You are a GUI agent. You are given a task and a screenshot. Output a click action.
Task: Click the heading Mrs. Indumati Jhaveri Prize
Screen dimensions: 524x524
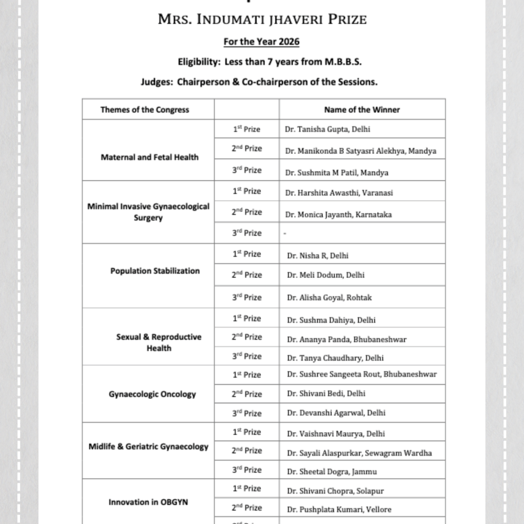[262, 20]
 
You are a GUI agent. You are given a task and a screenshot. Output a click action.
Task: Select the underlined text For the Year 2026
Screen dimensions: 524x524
[261, 42]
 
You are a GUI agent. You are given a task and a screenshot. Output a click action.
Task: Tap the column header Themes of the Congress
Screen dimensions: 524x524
[145, 110]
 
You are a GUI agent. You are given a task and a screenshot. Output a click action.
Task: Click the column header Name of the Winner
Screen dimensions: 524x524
[362, 110]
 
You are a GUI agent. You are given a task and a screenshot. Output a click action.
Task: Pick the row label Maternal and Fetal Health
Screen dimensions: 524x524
[149, 157]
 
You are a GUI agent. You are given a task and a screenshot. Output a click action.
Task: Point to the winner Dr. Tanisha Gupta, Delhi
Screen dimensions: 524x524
[327, 129]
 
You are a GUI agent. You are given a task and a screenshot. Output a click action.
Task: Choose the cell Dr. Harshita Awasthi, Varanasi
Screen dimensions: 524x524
[339, 193]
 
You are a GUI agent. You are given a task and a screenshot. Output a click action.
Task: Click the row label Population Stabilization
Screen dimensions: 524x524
[155, 271]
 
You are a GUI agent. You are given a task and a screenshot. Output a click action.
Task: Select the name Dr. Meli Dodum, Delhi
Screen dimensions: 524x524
[326, 275]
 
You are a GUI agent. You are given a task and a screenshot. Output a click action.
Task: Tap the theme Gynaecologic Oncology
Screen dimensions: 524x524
[152, 394]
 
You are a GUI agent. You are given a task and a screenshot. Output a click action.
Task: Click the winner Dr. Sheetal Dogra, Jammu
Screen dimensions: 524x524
[332, 472]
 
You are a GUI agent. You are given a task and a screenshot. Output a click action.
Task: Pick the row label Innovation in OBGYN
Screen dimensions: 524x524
[148, 502]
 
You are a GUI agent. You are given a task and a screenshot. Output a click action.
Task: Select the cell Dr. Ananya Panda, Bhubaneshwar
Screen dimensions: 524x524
[347, 339]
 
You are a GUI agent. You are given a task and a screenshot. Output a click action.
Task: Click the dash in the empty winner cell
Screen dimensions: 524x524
[285, 234]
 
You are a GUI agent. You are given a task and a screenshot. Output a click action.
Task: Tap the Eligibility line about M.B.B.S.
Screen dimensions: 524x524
[269, 62]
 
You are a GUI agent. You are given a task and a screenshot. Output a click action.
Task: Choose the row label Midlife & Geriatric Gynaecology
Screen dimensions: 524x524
[148, 446]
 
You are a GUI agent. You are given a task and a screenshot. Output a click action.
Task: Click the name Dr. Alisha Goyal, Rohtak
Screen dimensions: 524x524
[330, 297]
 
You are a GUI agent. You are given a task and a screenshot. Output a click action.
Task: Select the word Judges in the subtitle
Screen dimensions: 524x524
[156, 82]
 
